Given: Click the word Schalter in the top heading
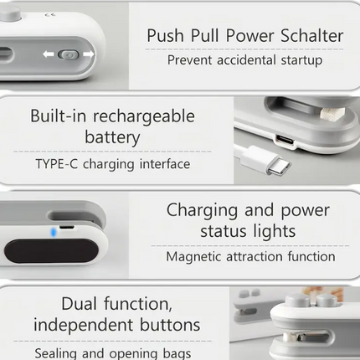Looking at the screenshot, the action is click(x=312, y=36).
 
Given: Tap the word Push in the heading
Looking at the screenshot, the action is click(x=165, y=36).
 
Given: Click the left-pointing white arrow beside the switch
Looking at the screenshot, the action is click(x=49, y=54).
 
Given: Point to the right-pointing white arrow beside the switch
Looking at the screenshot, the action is click(x=89, y=54).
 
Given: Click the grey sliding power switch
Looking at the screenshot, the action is click(x=69, y=54).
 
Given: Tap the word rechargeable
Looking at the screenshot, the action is click(x=144, y=116).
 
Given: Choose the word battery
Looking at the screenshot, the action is click(x=112, y=137).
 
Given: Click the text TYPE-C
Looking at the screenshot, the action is click(x=57, y=164).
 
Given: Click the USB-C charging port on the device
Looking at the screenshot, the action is click(x=285, y=140).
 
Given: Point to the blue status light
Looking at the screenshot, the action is click(x=54, y=232).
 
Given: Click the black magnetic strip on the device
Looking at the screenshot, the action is click(x=51, y=251).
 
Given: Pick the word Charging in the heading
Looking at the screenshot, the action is click(x=202, y=210).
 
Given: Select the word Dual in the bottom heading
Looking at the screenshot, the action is click(x=79, y=304).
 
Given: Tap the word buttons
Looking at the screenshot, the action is click(x=170, y=325).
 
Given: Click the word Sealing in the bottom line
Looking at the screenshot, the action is click(x=56, y=353).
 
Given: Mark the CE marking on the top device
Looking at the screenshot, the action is click(x=48, y=14).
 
